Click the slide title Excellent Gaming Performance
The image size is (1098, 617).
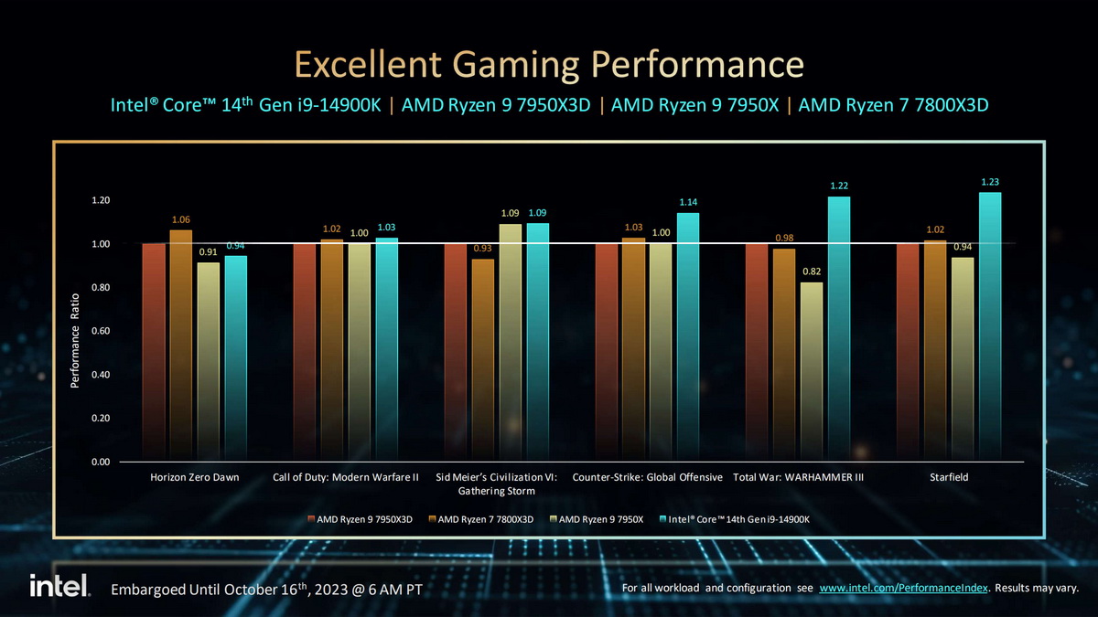pos(549,66)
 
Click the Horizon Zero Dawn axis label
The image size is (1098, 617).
pos(194,477)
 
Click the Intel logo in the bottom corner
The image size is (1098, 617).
pos(59,586)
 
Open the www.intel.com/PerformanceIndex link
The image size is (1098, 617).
pos(903,588)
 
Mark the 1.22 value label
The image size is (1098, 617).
pos(839,186)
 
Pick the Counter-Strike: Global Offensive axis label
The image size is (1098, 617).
pos(647,477)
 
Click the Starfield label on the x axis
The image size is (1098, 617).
pos(949,477)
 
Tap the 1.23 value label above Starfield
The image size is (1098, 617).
pos(989,182)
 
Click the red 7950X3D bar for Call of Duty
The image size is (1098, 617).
pos(305,352)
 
